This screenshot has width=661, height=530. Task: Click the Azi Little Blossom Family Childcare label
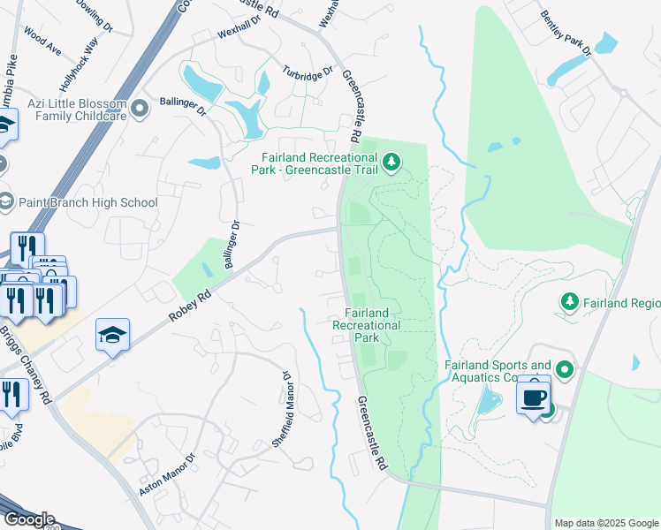coord(77,110)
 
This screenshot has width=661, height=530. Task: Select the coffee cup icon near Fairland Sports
coord(533,397)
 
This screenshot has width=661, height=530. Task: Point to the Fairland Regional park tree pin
coord(571,303)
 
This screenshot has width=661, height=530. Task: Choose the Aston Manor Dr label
coord(166,474)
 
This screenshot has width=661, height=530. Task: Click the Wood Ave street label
coord(42,41)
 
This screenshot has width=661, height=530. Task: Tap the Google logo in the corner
coord(28,519)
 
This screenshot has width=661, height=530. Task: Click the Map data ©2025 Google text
coord(607,523)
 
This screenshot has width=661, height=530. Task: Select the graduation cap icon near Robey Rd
coord(112,335)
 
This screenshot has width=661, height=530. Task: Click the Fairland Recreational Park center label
coord(367,324)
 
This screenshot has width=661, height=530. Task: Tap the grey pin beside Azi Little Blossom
coord(140,110)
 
